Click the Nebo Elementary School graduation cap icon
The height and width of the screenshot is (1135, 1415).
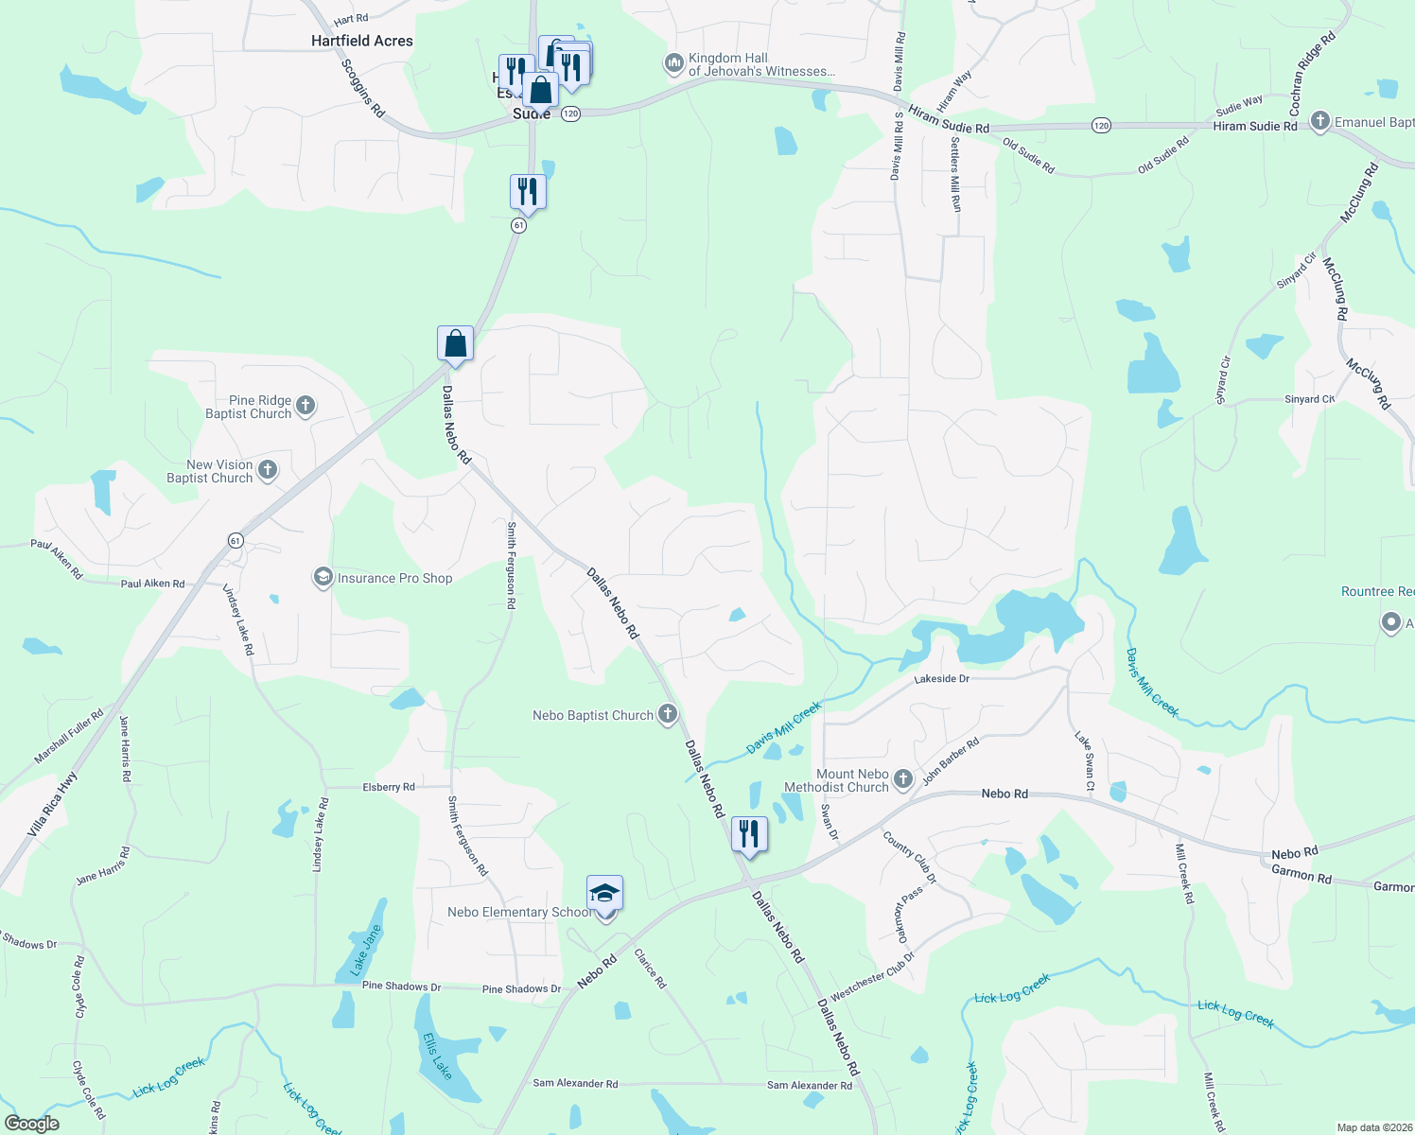click(604, 894)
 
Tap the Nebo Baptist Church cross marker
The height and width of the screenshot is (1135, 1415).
click(668, 714)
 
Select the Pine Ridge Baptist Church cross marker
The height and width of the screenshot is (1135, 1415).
click(305, 407)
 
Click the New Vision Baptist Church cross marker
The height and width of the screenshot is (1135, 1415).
click(268, 470)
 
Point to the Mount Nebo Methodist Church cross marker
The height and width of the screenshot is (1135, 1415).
click(903, 779)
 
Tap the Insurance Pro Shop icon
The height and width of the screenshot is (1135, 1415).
click(323, 577)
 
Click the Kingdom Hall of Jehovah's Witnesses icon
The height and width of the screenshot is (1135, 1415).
click(673, 63)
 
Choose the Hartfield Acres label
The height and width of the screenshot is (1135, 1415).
click(362, 41)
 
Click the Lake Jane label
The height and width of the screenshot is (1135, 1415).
click(365, 950)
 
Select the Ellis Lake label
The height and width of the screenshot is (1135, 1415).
click(437, 1056)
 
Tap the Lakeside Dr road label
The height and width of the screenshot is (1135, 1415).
click(941, 679)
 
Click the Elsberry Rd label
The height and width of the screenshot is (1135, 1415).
click(389, 787)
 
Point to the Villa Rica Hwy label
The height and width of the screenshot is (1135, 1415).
click(52, 804)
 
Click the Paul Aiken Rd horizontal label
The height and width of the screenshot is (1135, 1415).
click(152, 584)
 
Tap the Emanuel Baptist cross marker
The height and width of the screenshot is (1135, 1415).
click(1320, 121)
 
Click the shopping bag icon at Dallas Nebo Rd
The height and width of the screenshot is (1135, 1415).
click(455, 343)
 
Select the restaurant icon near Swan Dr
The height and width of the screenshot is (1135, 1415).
click(748, 834)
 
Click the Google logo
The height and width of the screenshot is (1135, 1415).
click(32, 1124)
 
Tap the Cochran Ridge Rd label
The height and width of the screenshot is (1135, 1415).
click(1313, 73)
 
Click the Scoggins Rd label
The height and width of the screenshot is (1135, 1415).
click(363, 88)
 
